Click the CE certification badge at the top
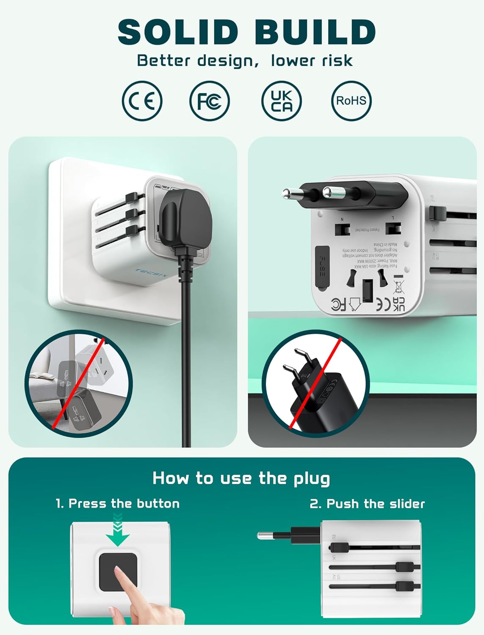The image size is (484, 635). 142,101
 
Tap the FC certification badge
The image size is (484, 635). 209,101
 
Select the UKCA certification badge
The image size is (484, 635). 282,101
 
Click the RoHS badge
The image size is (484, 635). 351,101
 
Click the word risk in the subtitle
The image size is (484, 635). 337,61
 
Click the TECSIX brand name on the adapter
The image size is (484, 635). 152,273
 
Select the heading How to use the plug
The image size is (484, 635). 241,478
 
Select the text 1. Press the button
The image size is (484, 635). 118,503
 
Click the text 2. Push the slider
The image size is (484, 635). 367,504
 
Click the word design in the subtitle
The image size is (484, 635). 224,61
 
